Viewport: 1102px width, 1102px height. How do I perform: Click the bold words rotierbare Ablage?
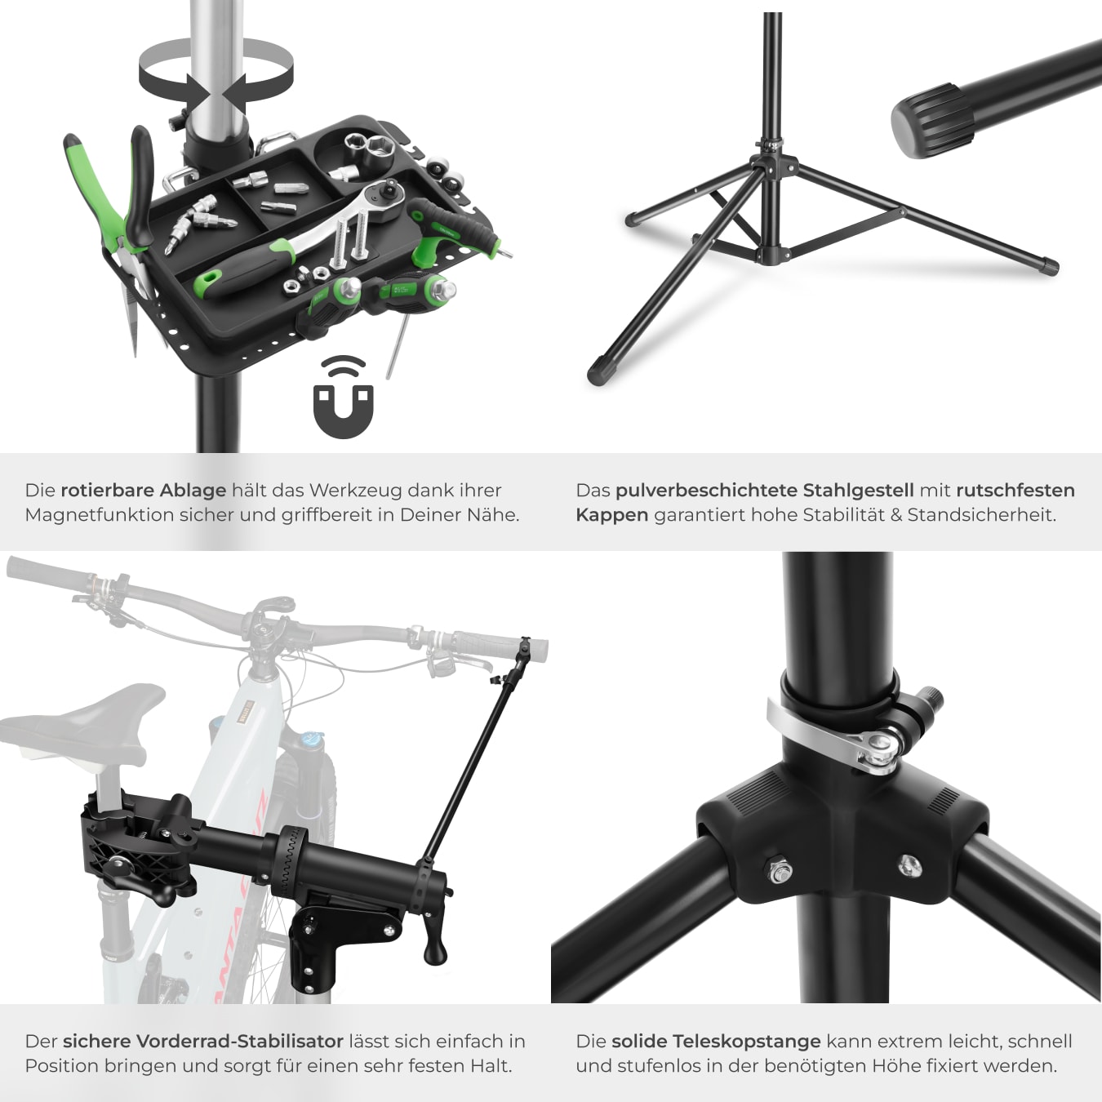click(x=144, y=490)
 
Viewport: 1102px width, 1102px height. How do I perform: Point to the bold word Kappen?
click(x=612, y=515)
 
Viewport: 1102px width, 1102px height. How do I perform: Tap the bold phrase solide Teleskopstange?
click(x=716, y=1041)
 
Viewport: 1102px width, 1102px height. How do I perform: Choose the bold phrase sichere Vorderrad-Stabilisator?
click(x=203, y=1041)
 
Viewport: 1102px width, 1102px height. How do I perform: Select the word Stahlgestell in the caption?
click(x=859, y=490)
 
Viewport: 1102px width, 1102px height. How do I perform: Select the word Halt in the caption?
click(x=491, y=1066)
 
